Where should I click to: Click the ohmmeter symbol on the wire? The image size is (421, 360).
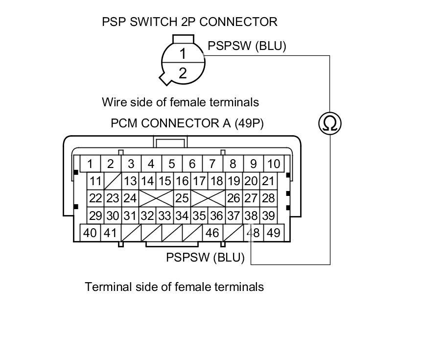pyautogui.click(x=330, y=123)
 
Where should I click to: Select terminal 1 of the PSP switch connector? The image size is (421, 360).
pyautogui.click(x=182, y=53)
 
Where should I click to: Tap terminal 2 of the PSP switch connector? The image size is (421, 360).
pyautogui.click(x=182, y=73)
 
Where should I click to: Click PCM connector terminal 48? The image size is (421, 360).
pyautogui.click(x=253, y=233)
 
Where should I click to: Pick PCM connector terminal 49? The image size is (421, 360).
pyautogui.click(x=273, y=233)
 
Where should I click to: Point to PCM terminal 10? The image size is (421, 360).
pyautogui.click(x=274, y=164)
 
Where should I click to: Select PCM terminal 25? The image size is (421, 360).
pyautogui.click(x=182, y=198)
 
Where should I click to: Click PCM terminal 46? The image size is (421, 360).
pyautogui.click(x=212, y=233)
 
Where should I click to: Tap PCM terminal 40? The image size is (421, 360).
pyautogui.click(x=90, y=233)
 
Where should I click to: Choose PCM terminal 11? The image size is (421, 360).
pyautogui.click(x=96, y=181)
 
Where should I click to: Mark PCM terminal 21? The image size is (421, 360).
pyautogui.click(x=268, y=181)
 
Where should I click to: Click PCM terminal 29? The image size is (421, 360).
pyautogui.click(x=96, y=216)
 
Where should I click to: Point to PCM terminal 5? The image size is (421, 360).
pyautogui.click(x=172, y=164)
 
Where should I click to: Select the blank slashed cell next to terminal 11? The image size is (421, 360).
pyautogui.click(x=113, y=181)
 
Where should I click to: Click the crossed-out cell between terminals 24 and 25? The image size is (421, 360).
pyautogui.click(x=157, y=198)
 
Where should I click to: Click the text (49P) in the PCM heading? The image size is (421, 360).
pyautogui.click(x=249, y=123)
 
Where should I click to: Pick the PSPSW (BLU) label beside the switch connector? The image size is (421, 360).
pyautogui.click(x=247, y=46)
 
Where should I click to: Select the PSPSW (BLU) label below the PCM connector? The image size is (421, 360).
pyautogui.click(x=205, y=257)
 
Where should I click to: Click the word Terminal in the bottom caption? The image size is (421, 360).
pyautogui.click(x=106, y=287)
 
